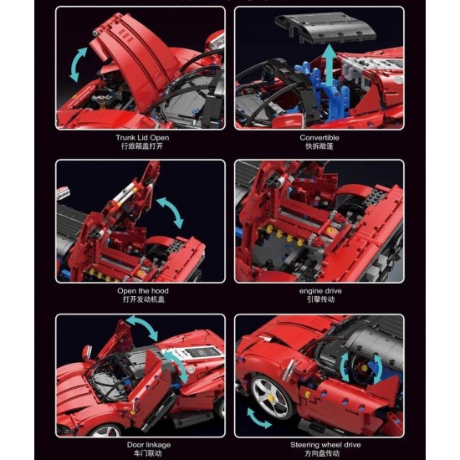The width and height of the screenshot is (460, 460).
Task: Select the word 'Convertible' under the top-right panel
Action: (319, 137)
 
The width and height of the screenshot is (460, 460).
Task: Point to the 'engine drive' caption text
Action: (319, 290)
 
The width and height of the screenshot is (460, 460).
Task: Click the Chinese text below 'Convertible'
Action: (319, 146)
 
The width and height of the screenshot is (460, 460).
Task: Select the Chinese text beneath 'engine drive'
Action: (319, 299)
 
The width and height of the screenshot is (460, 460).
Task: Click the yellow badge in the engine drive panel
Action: (334, 227)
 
